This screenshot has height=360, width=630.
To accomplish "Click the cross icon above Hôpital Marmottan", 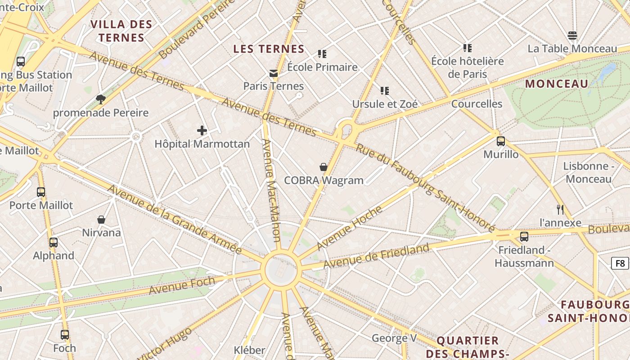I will (202, 130).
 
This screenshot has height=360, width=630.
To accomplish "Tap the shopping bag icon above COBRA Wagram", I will (323, 167).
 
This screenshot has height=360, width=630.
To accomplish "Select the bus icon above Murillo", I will (501, 141).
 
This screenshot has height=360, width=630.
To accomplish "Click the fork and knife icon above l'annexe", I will (560, 209).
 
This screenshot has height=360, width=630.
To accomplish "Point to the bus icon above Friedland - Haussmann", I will (524, 237).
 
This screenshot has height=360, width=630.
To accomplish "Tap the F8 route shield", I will (620, 263).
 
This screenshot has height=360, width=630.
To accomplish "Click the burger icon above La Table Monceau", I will (572, 36).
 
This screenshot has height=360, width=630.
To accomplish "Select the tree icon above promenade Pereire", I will (101, 99).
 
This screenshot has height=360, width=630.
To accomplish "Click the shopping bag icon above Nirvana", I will (101, 220).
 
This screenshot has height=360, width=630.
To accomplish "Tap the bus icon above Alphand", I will (54, 243).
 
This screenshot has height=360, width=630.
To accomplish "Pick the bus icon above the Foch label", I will (65, 335).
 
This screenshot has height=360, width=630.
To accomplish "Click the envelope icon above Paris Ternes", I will (273, 73).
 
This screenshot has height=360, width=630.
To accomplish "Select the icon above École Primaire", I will (322, 54).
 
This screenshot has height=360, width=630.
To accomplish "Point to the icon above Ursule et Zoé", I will (385, 91).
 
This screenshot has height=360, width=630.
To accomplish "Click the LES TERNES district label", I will (269, 49).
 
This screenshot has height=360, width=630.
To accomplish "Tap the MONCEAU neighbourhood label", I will (557, 84).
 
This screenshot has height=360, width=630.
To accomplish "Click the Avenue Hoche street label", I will (349, 228).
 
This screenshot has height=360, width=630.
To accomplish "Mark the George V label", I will (394, 337).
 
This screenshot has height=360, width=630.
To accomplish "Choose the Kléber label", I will (249, 350).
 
